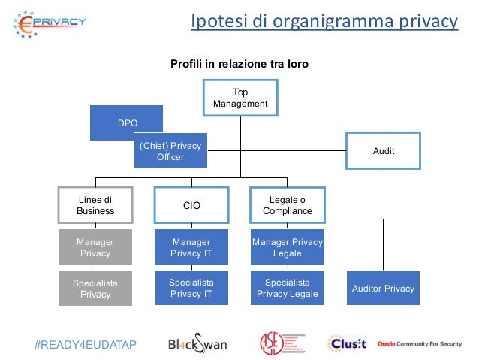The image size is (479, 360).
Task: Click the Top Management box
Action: click(x=240, y=98)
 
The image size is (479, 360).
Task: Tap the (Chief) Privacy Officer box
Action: click(x=170, y=151)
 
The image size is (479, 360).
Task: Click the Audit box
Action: click(x=383, y=151)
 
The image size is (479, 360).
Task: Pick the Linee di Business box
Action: click(x=95, y=205)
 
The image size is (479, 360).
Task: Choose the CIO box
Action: click(x=191, y=205)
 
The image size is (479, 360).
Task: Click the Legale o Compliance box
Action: click(x=287, y=205)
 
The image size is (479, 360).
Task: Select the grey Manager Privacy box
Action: click(x=95, y=247)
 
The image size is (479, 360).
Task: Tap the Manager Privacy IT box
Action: click(x=191, y=247)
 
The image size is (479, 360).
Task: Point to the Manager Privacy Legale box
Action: click(x=287, y=247)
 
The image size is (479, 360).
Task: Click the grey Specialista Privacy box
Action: click(x=95, y=289)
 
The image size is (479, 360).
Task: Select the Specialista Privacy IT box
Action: click(x=191, y=289)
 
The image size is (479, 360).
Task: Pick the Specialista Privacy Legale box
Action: click(x=287, y=289)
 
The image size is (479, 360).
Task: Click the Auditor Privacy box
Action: click(x=383, y=289)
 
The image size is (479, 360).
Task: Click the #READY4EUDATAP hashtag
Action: click(x=86, y=344)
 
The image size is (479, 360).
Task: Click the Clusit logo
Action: click(x=346, y=343)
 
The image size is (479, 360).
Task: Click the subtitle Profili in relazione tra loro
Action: click(x=239, y=64)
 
